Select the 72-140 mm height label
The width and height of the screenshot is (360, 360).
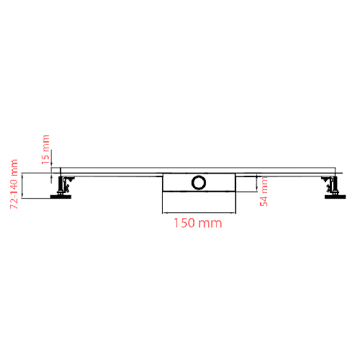pyautogui.click(x=14, y=185)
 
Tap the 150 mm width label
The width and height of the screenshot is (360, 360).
pyautogui.click(x=197, y=223)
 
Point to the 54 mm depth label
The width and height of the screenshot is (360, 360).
pyautogui.click(x=264, y=192)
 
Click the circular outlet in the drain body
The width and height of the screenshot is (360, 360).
pyautogui.click(x=198, y=182)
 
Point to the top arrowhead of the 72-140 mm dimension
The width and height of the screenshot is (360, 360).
pyautogui.click(x=24, y=175)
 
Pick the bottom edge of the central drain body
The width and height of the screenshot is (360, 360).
pyautogui.click(x=199, y=192)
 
